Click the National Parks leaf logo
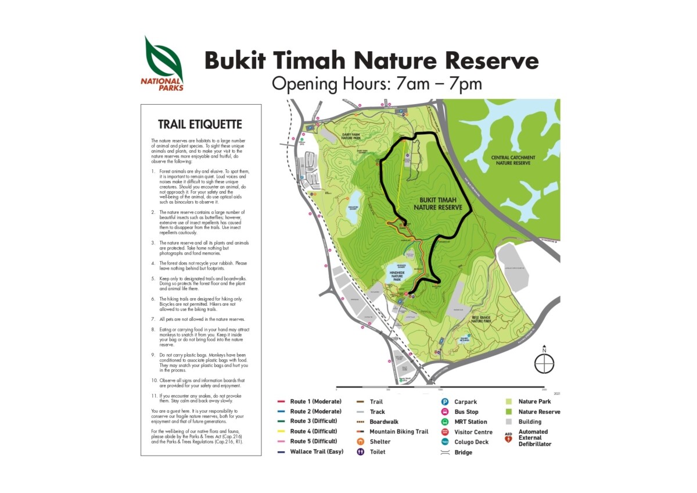tap(164, 60)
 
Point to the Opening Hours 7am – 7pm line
tap(377, 84)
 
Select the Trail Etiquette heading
tap(200, 124)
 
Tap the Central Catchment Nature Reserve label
tap(513, 160)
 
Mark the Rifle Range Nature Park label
tap(482, 319)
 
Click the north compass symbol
tap(544, 364)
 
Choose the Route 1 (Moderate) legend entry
tap(315, 402)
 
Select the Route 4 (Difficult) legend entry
tap(315, 432)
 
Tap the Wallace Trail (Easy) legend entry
tap(316, 452)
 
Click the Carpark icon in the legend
tap(444, 402)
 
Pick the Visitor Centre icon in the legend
tap(444, 432)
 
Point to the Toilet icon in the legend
tap(360, 452)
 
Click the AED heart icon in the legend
tap(508, 440)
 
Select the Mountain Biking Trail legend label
tap(398, 432)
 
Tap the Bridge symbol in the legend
tap(444, 452)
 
